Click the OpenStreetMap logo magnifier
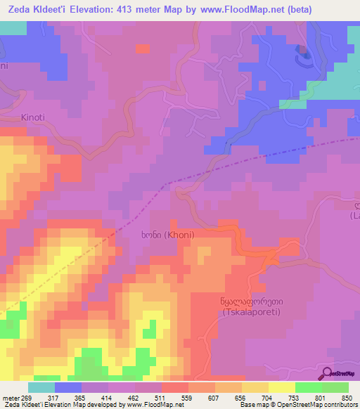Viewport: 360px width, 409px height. [x=328, y=372]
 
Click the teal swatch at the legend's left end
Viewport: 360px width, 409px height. [x=41, y=387]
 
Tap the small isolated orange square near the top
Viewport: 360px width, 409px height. [x=143, y=48]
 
